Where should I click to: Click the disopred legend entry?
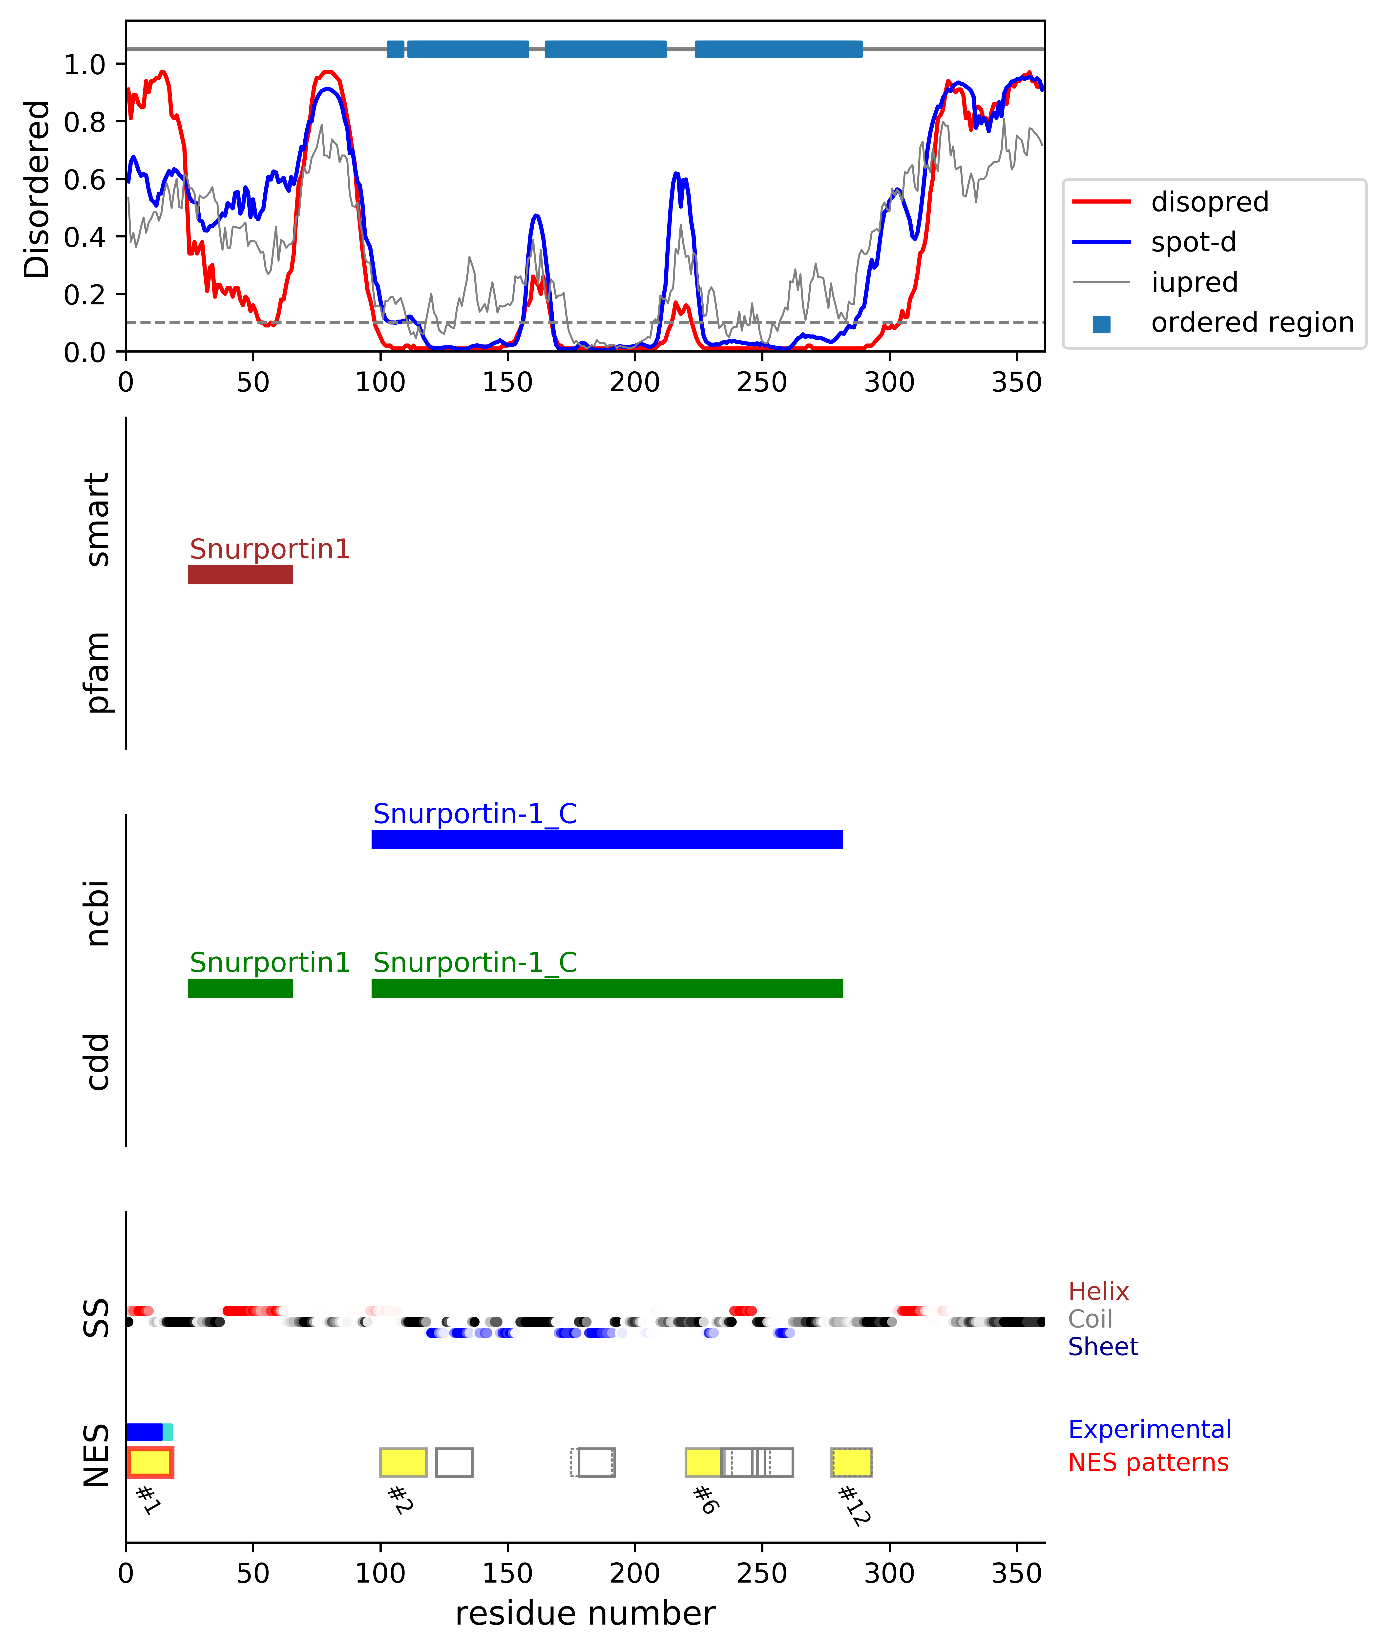click(x=1209, y=202)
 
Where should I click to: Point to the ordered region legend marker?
click(x=1101, y=323)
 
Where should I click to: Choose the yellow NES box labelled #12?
click(x=851, y=1462)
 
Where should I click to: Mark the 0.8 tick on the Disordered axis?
click(x=85, y=122)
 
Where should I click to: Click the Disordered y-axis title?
click(x=36, y=189)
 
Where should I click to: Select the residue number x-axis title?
click(x=585, y=1613)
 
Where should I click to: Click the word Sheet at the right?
click(x=1102, y=1347)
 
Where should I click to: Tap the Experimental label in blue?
click(x=1149, y=1429)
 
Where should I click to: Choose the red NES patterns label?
click(x=1148, y=1462)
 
